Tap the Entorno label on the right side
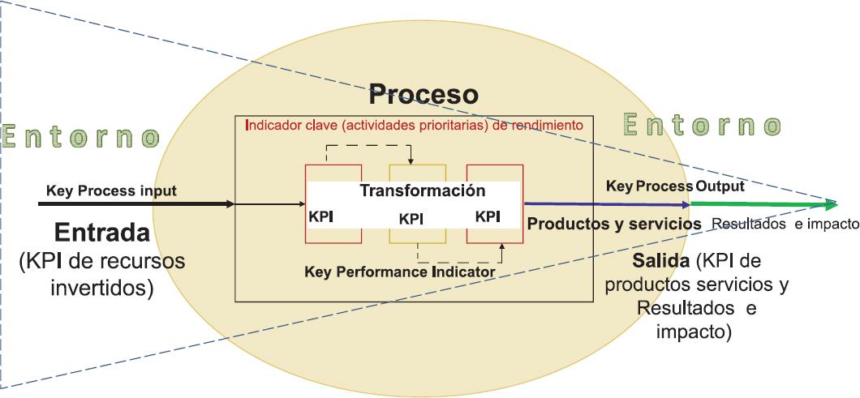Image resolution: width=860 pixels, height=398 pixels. pos(702,125)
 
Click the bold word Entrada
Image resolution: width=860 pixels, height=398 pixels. pos(102,233)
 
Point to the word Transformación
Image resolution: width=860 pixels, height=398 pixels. pos(422,191)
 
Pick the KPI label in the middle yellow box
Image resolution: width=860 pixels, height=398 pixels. pos(411,220)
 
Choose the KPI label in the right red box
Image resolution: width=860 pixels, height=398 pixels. pos(487,216)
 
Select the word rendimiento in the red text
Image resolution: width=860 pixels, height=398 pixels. pos(548,126)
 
